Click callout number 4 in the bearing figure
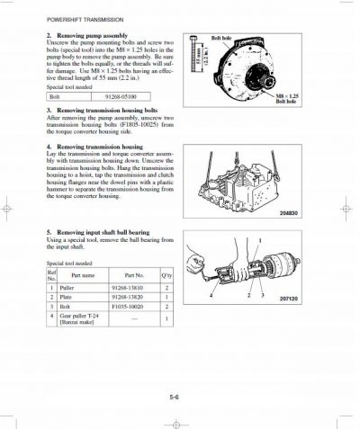pos(212,295)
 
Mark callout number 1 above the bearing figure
pos(260,240)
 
